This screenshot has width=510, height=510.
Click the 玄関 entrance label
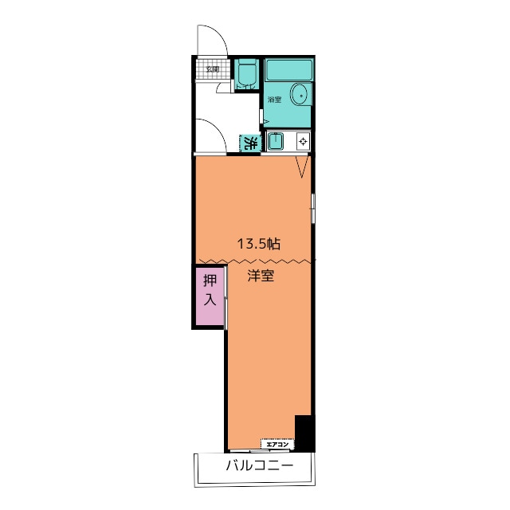(x=213, y=69)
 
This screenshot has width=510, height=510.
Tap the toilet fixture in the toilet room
(x=246, y=74)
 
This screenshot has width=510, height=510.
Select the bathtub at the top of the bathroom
(x=288, y=69)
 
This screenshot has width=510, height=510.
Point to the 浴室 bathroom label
(x=274, y=100)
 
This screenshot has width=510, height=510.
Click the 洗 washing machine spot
(x=250, y=143)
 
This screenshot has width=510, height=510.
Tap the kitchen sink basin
(x=275, y=142)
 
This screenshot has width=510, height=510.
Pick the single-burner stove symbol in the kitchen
(x=303, y=142)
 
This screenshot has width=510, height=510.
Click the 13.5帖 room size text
(x=259, y=243)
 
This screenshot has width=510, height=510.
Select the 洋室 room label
(x=261, y=276)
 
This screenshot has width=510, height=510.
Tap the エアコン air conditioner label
(x=277, y=445)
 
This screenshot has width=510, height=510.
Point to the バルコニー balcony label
(x=260, y=465)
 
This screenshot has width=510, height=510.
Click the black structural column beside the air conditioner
(x=304, y=433)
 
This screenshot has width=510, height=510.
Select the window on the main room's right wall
(x=313, y=209)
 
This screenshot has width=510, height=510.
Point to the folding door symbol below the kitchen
(x=302, y=167)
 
